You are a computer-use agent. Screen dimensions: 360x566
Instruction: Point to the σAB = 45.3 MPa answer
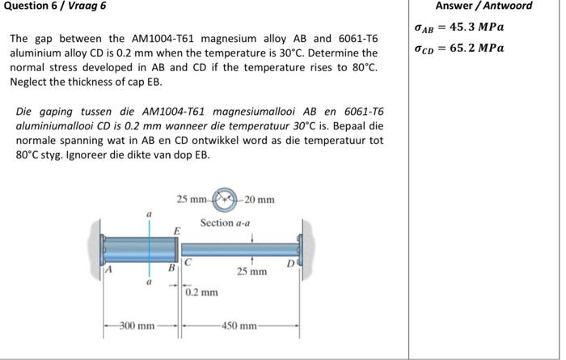(459, 28)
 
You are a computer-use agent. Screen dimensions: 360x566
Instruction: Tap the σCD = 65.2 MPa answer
(459, 48)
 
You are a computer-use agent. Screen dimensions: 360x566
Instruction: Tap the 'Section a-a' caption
(225, 222)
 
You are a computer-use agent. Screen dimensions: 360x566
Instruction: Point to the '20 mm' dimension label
(260, 200)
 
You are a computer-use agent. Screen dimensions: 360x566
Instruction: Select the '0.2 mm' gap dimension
(201, 292)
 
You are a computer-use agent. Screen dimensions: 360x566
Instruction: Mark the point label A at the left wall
(105, 271)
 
